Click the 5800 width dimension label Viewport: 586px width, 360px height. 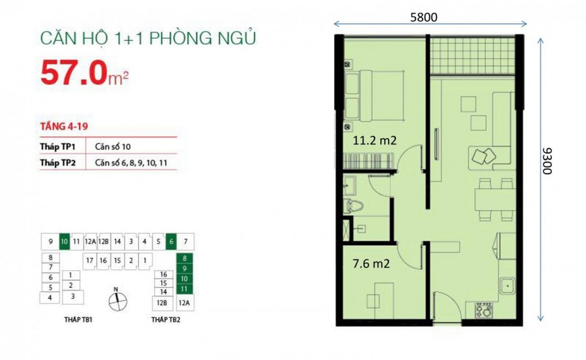click(423, 17)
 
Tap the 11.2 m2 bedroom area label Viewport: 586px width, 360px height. click(374, 140)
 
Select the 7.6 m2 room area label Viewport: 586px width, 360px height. click(371, 264)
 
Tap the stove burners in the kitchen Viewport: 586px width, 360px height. click(484, 310)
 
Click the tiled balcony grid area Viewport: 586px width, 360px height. click(472, 56)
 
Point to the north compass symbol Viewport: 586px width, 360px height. click(117, 301)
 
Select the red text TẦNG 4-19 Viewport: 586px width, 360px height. click(64, 126)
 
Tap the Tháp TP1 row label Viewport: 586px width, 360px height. click(58, 147)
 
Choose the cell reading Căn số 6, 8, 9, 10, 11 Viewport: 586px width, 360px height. click(131, 163)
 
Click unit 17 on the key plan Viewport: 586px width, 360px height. click(89, 260)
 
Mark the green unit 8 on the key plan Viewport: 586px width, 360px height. click(184, 258)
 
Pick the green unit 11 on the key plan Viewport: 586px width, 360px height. click(184, 289)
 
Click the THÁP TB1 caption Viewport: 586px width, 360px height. click(78, 320)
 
